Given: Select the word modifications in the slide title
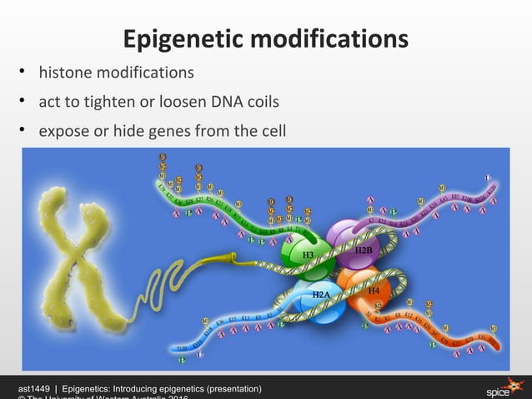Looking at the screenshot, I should tap(332, 39).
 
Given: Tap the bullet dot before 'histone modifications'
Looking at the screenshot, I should tap(25, 73).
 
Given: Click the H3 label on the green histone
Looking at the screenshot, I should tap(308, 255).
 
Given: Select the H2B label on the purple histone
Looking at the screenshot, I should tap(364, 250).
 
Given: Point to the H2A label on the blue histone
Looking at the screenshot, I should tap(320, 295).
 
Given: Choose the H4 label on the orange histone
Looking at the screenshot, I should tap(374, 290).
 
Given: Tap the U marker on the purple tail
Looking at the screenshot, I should tap(489, 177).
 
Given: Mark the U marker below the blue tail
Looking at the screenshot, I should tap(199, 354).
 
